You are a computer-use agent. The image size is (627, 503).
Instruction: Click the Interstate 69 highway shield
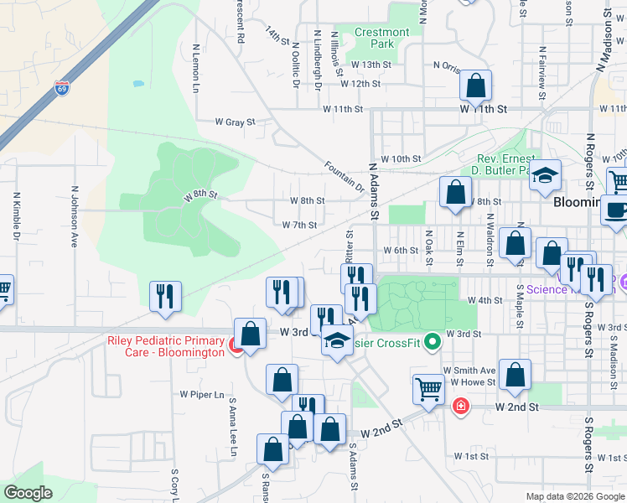click(61, 87)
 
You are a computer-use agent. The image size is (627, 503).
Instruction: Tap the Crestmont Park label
click(381, 38)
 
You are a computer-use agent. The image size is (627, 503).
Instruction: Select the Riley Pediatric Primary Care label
click(166, 346)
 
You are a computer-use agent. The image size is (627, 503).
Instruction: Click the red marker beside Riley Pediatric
click(237, 344)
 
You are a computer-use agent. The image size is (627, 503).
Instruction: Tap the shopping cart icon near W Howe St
click(428, 388)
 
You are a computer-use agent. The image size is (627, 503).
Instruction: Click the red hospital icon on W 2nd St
click(460, 407)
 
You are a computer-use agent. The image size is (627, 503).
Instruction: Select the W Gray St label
click(235, 122)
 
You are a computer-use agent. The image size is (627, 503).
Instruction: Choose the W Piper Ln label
click(203, 394)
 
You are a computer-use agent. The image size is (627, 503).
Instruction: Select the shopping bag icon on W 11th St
click(475, 86)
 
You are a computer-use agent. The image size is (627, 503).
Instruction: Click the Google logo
click(28, 493)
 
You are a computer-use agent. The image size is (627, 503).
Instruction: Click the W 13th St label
click(371, 65)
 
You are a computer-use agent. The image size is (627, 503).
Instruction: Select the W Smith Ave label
click(469, 371)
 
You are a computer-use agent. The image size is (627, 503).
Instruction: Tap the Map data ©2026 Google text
click(576, 496)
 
